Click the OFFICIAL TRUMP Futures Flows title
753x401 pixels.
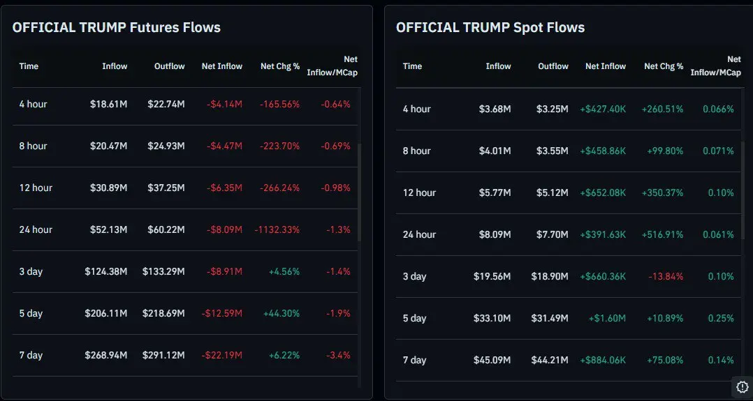coord(116,28)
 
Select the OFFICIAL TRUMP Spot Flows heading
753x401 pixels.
coord(490,28)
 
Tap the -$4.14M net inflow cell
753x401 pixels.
coord(224,104)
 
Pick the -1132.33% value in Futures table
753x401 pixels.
coord(277,229)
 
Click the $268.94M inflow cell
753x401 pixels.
coord(106,355)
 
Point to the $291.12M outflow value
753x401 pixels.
coord(163,355)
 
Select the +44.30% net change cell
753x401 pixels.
coord(282,313)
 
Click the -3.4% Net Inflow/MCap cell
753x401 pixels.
coord(339,355)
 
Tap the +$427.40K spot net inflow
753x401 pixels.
coord(603,109)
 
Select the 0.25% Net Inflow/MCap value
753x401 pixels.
coord(720,318)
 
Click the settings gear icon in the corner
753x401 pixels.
coord(742,387)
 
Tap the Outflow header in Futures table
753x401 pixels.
coord(170,66)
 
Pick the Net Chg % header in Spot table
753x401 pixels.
coord(664,66)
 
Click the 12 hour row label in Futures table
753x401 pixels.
coord(36,188)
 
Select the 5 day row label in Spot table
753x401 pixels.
coord(414,318)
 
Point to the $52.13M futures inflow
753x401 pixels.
coord(109,229)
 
